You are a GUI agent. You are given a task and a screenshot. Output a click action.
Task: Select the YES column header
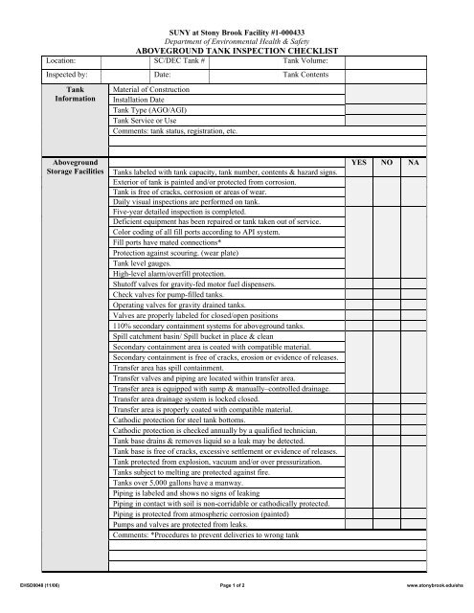tap(359, 164)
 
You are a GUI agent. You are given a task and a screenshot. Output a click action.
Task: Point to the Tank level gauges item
tap(144, 263)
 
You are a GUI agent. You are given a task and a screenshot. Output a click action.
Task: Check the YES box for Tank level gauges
tap(359, 263)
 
